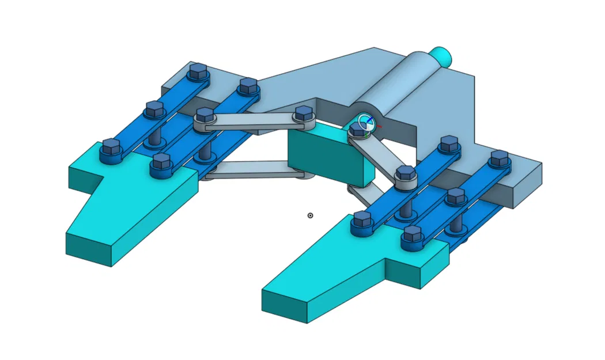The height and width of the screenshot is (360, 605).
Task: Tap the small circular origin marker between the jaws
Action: pos(311,215)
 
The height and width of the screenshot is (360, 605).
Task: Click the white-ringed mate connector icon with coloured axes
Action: pos(365,122)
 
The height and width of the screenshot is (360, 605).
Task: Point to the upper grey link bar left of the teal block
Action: pos(254,121)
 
